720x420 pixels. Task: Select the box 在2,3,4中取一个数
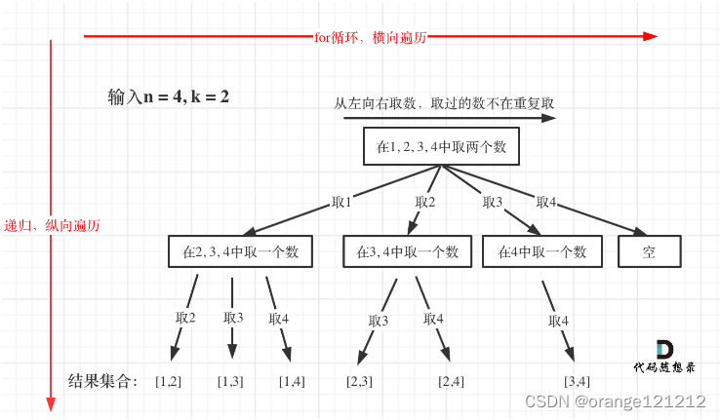240,251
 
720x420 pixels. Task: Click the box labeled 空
649,251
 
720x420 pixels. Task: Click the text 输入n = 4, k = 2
169,97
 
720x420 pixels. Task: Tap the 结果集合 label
103,379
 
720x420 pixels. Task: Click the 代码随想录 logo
664,358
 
